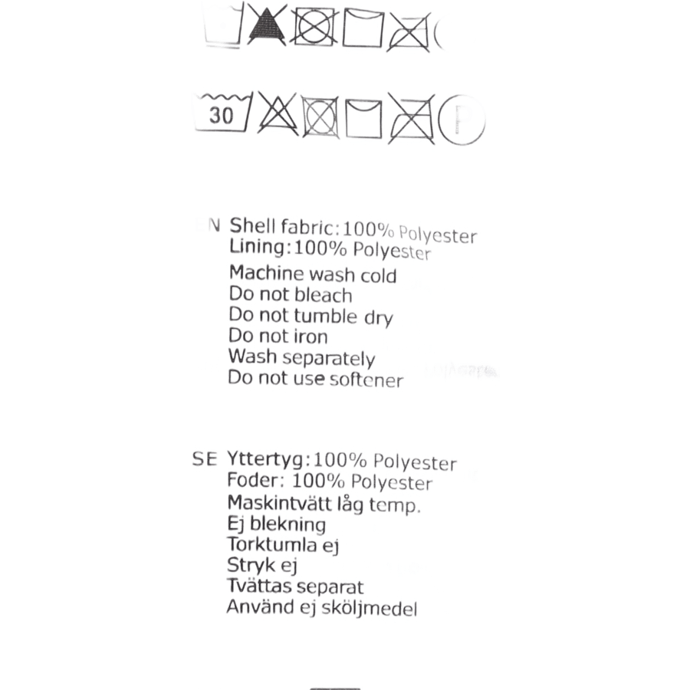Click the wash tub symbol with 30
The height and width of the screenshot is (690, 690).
[221, 113]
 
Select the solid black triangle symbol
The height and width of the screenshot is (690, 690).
[268, 25]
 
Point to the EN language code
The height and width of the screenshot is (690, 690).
[207, 225]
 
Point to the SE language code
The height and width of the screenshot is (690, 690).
[205, 459]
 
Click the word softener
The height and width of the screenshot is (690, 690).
[370, 380]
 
